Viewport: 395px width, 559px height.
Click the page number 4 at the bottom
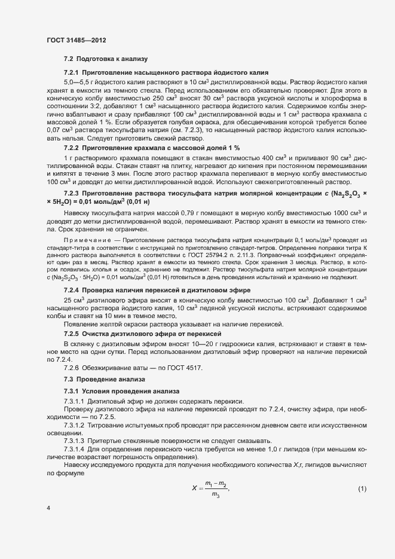(x=48, y=508)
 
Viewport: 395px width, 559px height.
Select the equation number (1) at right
(x=362, y=490)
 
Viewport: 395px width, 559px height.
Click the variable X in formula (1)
(x=194, y=488)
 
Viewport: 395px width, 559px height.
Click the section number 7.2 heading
(x=68, y=60)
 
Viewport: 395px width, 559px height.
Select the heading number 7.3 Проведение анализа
(x=68, y=380)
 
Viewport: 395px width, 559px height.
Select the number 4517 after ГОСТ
(x=194, y=368)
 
